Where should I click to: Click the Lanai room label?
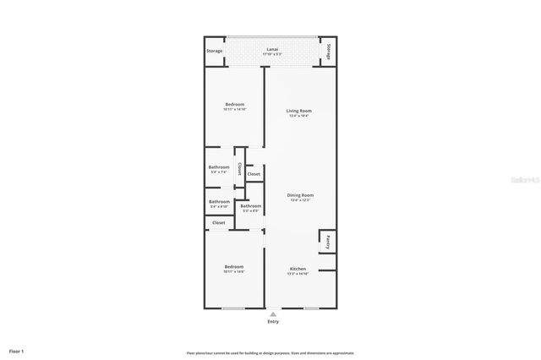pos(272,50)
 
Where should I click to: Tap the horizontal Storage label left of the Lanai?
pos(215,52)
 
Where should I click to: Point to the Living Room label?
pos(299,111)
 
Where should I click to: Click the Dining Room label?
pos(301,195)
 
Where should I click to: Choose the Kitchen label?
pos(298,269)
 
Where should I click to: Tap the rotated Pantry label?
pos(326,241)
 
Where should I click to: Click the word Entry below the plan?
pos(272,322)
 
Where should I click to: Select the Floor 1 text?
pos(17,351)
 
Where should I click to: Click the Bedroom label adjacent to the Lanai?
pos(234,104)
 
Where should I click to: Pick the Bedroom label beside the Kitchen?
pos(234,266)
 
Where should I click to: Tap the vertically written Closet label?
pos(239,169)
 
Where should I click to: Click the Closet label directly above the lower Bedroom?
pos(219,222)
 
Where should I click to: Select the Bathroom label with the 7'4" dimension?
pos(219,167)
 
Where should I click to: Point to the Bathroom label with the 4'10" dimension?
pos(219,201)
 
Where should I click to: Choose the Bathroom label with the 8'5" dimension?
pos(250,206)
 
